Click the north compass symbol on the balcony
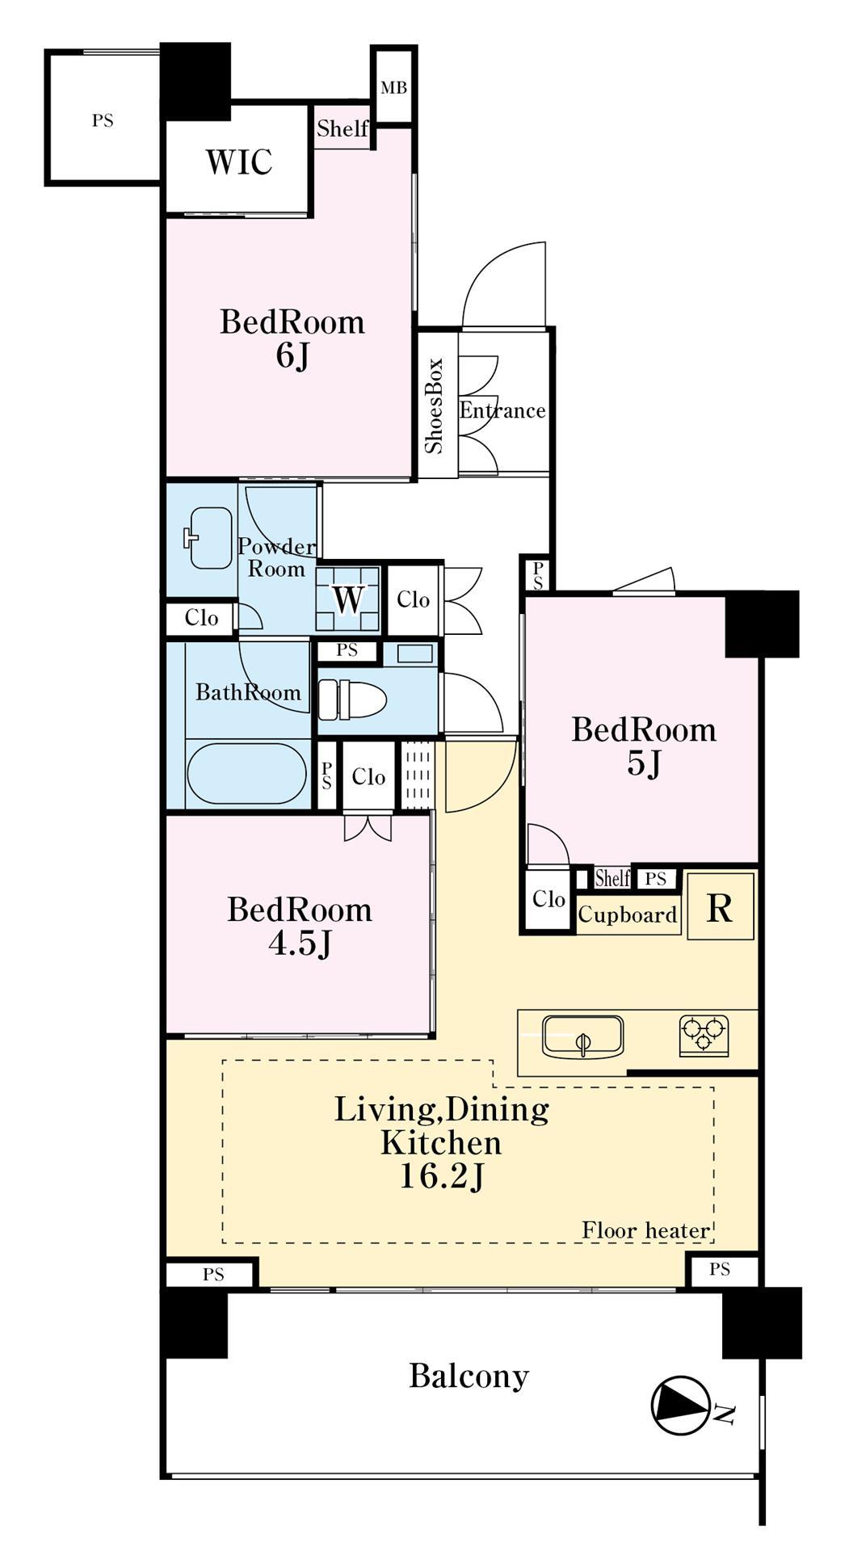(x=681, y=1405)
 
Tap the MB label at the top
(x=393, y=87)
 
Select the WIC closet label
(x=238, y=162)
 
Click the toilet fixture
(x=351, y=699)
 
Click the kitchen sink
(x=582, y=1036)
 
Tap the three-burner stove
(x=704, y=1035)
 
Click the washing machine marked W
(x=348, y=599)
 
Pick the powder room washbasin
(x=210, y=537)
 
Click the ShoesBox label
(x=435, y=405)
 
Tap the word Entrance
(x=502, y=410)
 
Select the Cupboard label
(x=628, y=915)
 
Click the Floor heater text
(x=646, y=1230)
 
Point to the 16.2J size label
(x=442, y=1178)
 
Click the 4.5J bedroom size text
(x=300, y=944)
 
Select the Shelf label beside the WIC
(x=342, y=128)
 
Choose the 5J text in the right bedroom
(x=644, y=763)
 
